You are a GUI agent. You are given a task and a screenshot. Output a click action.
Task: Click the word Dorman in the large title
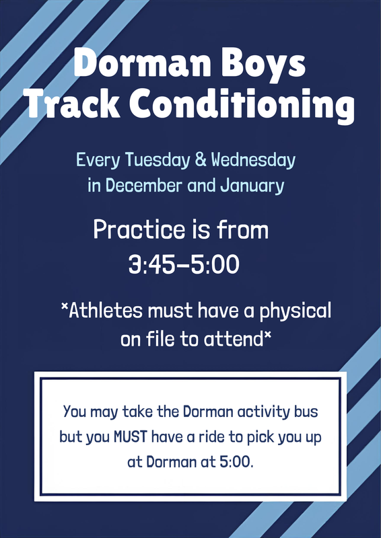pos(135,65)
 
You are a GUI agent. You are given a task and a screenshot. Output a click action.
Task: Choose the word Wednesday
pos(254,161)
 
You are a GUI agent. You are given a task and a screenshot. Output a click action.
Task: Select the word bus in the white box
pos(308,410)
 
